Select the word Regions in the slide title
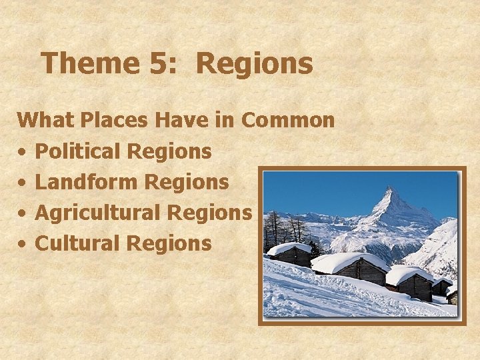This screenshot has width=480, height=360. [255, 64]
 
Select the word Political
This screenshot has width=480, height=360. [77, 151]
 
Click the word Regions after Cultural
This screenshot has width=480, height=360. [169, 243]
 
